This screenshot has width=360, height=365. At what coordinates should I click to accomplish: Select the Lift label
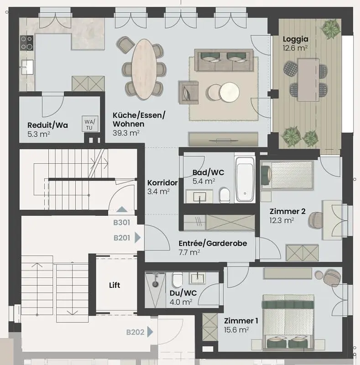tap(115, 285)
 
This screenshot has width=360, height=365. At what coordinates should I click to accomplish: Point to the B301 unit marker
tap(122, 223)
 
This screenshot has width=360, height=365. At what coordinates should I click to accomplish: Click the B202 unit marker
tap(135, 332)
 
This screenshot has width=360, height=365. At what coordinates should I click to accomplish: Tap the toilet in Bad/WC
tap(224, 196)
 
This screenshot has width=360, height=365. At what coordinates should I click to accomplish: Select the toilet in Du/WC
tap(177, 278)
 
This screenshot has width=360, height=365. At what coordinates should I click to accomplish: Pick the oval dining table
tap(143, 68)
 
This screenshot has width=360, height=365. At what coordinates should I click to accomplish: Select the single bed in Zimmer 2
tap(287, 176)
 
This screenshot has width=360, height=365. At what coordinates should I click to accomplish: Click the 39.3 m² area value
tap(126, 133)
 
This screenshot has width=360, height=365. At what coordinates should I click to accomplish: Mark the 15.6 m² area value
tap(236, 330)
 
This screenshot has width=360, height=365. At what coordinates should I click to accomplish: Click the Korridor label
tap(162, 182)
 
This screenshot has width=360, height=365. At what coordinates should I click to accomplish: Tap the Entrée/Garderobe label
tap(213, 243)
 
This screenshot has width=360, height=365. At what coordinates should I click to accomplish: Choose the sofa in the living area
tap(223, 60)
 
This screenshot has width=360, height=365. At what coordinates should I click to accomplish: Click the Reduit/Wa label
tap(47, 125)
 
